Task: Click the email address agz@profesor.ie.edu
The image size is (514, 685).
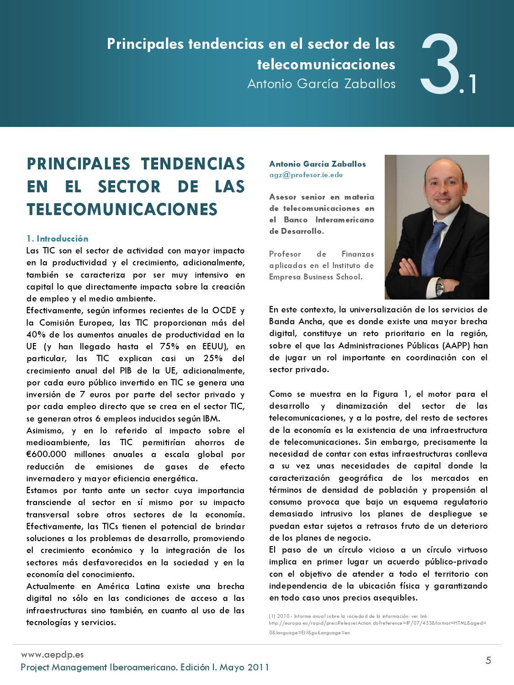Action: click(306, 174)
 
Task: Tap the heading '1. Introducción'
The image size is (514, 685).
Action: click(57, 238)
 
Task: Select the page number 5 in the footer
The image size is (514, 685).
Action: click(488, 660)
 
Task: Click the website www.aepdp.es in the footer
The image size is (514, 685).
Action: click(53, 654)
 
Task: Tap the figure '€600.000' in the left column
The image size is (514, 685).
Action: click(46, 454)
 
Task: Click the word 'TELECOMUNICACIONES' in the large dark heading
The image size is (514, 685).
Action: click(122, 209)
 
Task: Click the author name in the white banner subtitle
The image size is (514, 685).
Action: click(321, 84)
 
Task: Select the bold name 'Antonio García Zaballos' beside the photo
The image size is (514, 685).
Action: click(317, 164)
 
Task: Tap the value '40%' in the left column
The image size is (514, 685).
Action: click(36, 334)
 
